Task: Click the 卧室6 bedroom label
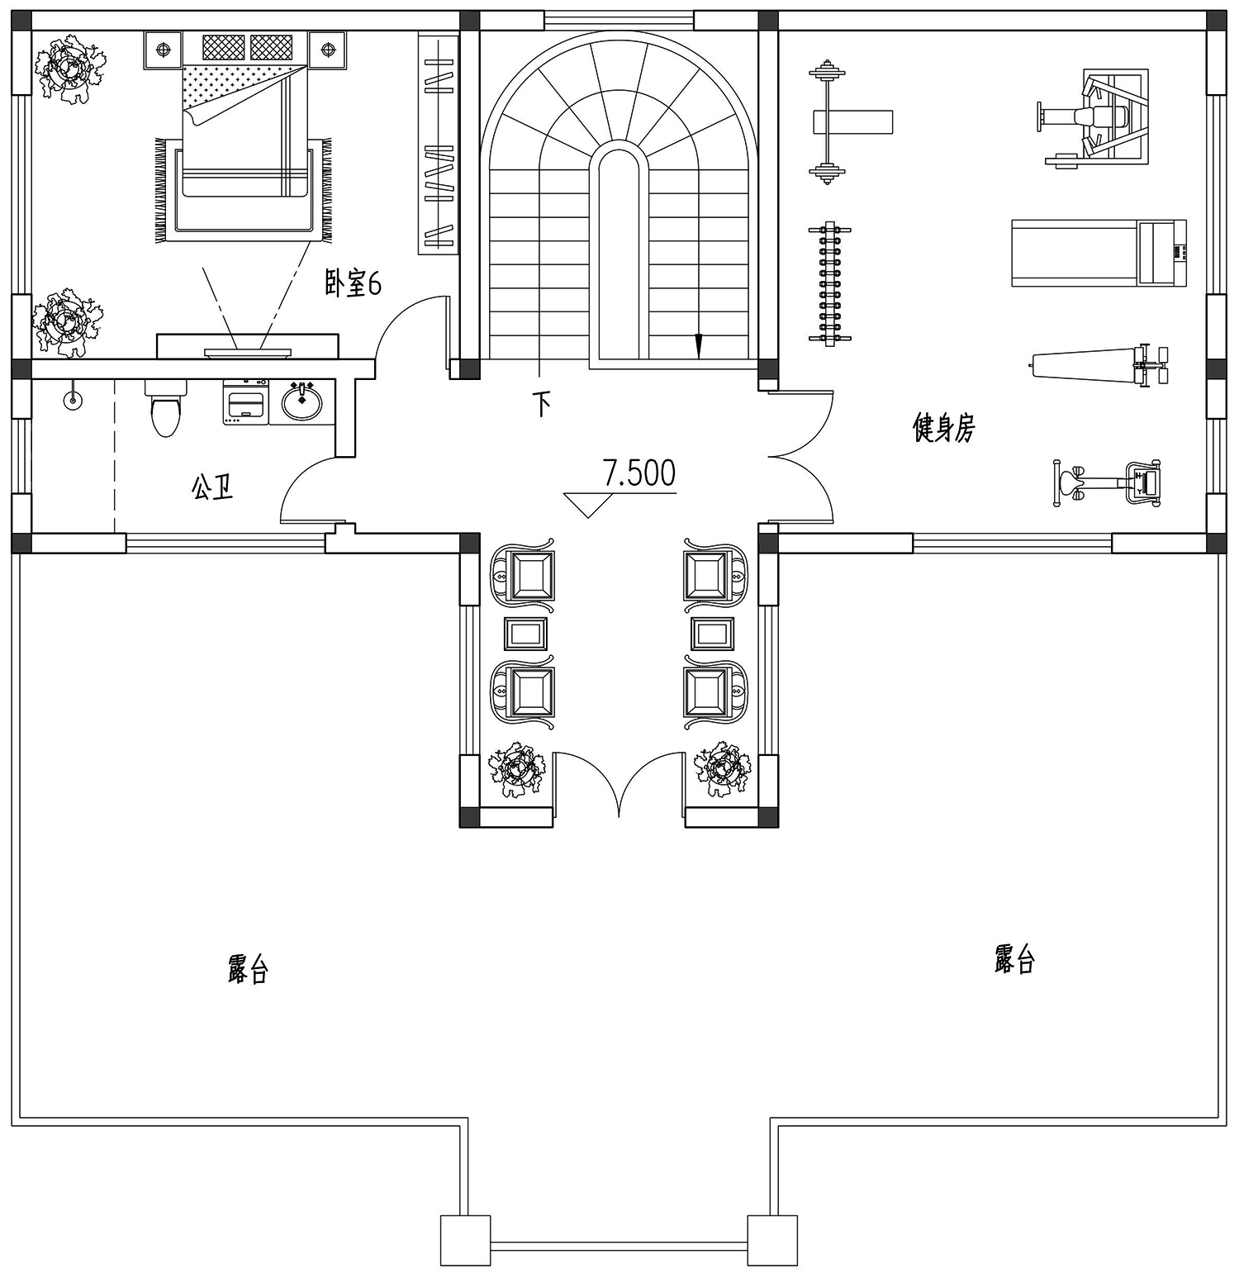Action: coord(353,285)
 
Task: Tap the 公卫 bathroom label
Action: coord(212,487)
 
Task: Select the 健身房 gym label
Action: coord(943,428)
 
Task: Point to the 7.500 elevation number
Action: coord(638,473)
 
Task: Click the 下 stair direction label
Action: coord(542,404)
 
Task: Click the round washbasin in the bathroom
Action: coord(302,402)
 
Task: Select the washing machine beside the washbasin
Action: coord(245,402)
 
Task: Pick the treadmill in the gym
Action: coord(1099,253)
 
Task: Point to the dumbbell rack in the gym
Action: coord(829,283)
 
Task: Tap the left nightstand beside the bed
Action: coord(164,50)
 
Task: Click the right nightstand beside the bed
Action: coord(328,50)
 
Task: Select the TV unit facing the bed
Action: coord(248,346)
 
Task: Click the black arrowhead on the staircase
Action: coord(699,346)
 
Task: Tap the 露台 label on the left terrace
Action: coord(248,968)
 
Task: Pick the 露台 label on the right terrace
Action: coord(1014,959)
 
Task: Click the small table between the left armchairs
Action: coord(525,634)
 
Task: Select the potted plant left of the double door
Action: coord(517,770)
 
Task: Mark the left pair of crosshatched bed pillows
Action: coord(224,46)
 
